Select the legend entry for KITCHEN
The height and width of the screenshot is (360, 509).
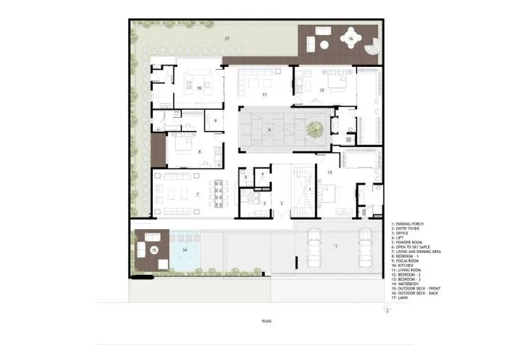tap(403, 265)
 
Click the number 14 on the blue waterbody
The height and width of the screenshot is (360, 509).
tap(184, 249)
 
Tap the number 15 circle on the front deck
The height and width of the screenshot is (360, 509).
tap(153, 249)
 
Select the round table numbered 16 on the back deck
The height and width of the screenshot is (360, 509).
tap(350, 39)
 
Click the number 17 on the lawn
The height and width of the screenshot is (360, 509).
tap(227, 37)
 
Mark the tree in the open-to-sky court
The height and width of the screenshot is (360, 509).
tap(315, 130)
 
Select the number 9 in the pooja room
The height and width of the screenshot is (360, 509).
tap(215, 120)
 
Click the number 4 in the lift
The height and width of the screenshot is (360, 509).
tap(262, 173)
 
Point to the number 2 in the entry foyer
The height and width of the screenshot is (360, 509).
tap(281, 203)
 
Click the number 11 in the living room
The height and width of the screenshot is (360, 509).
tap(265, 95)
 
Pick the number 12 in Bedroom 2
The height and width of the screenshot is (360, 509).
tap(321, 89)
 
